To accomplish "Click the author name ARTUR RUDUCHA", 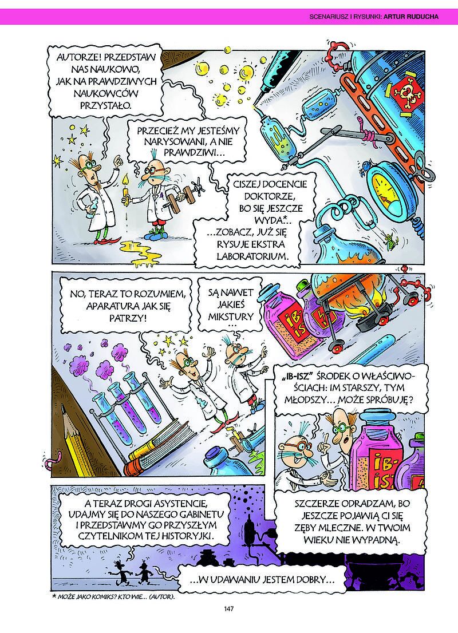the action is pos(410,17).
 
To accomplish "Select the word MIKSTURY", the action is pos(230,316).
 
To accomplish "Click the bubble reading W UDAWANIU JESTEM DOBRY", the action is pos(261,580).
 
